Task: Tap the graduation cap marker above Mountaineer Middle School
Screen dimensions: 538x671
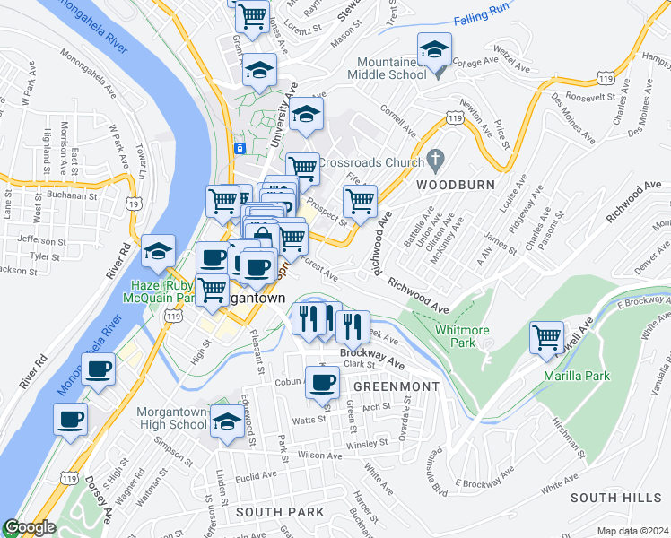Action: click(x=434, y=51)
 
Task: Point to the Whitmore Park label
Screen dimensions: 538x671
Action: click(x=449, y=336)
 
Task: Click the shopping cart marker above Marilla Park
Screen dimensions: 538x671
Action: click(x=546, y=338)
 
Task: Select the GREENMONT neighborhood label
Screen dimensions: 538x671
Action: click(x=396, y=386)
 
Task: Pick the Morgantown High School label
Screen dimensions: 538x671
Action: click(x=171, y=418)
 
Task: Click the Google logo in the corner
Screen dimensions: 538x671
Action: click(x=30, y=527)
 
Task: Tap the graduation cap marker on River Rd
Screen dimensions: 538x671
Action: click(x=159, y=252)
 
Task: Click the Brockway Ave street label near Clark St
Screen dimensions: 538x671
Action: click(x=371, y=353)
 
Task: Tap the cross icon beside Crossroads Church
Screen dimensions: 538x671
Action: click(x=435, y=159)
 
